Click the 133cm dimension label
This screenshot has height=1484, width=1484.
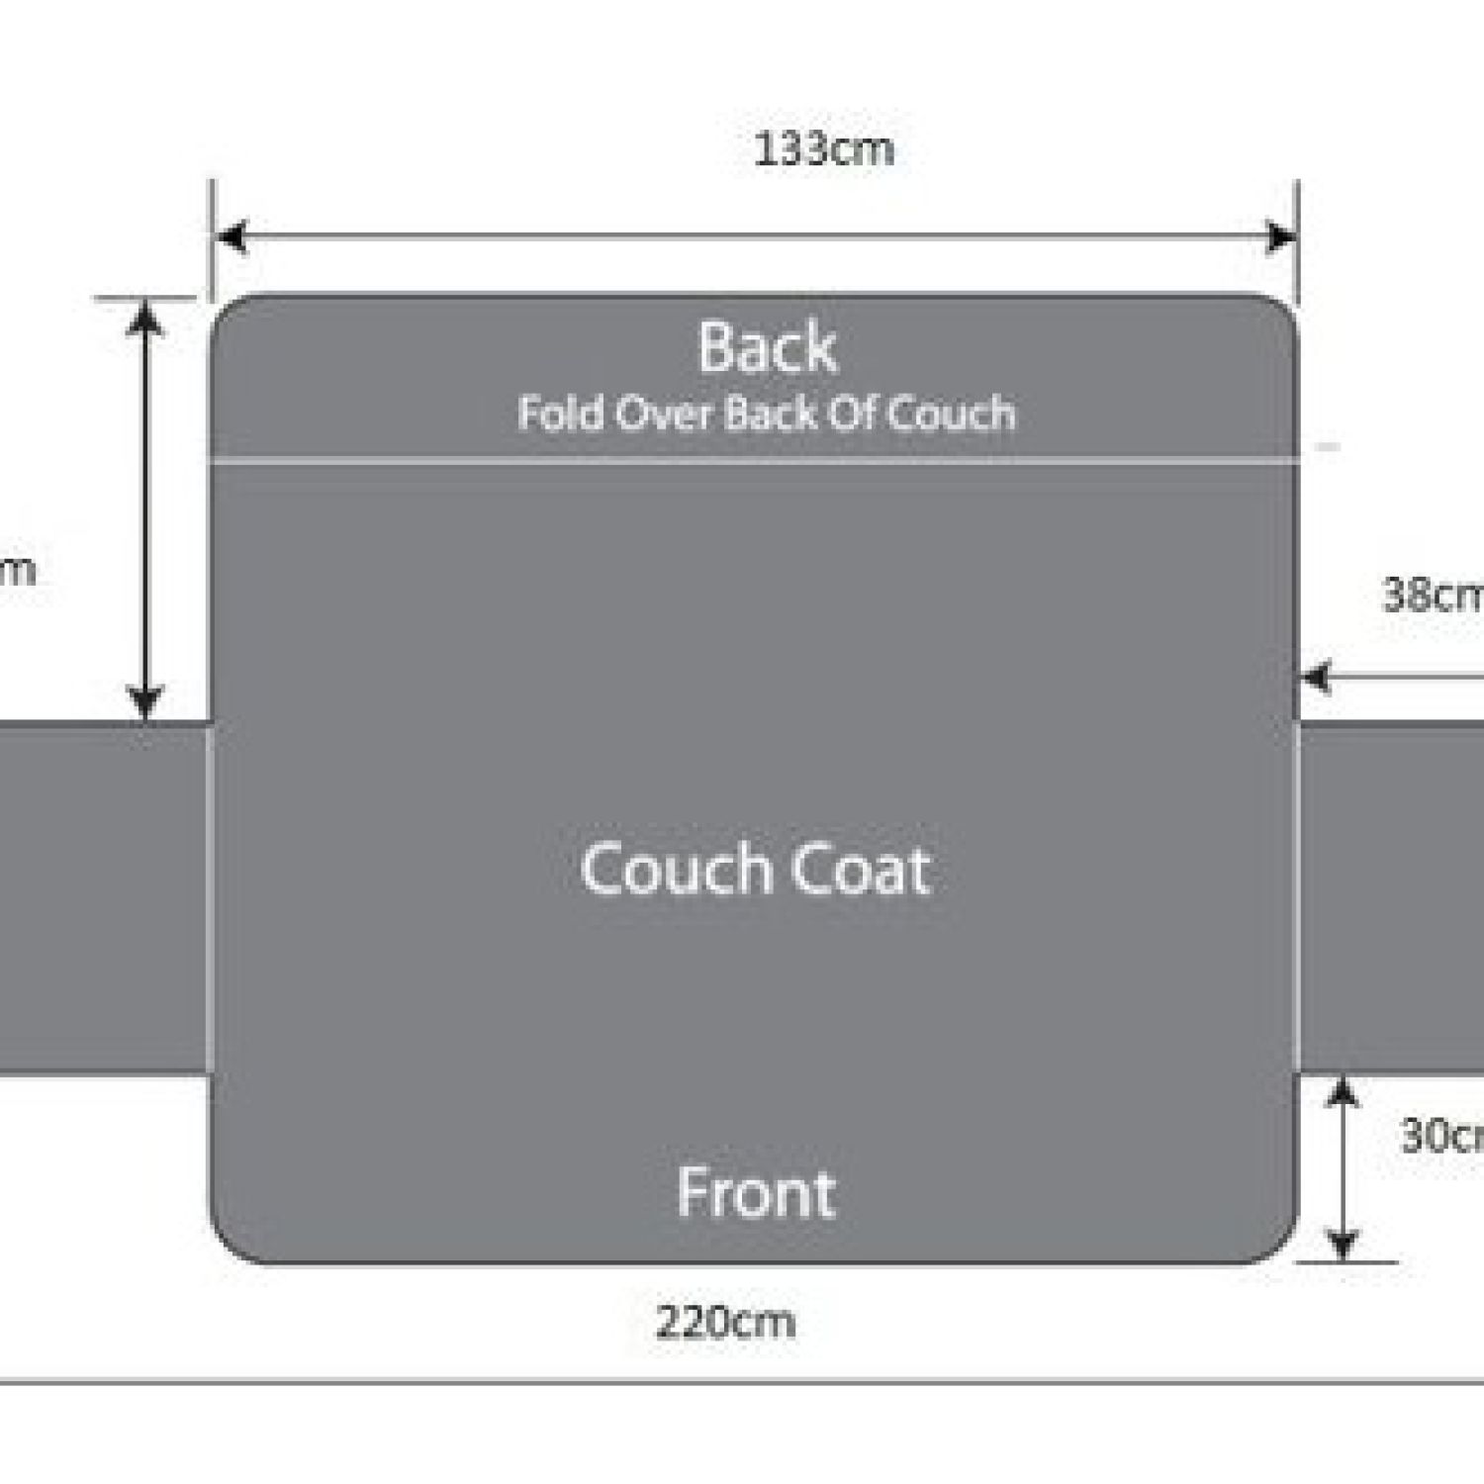(x=823, y=150)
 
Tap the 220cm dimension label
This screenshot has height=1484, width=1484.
(x=725, y=1322)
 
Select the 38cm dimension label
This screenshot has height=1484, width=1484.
(x=1433, y=595)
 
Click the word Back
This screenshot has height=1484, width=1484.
(x=768, y=348)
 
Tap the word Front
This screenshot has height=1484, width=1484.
(x=757, y=1193)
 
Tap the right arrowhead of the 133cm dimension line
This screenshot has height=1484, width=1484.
(x=1282, y=237)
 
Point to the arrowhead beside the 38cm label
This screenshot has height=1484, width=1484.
(x=1317, y=679)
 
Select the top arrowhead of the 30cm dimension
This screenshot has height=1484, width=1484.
(x=1343, y=1092)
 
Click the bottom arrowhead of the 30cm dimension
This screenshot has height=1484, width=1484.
(x=1343, y=1244)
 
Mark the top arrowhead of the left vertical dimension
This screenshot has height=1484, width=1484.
(x=146, y=317)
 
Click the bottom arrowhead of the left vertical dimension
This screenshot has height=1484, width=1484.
(x=146, y=702)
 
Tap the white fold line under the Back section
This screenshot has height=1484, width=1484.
(x=752, y=460)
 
